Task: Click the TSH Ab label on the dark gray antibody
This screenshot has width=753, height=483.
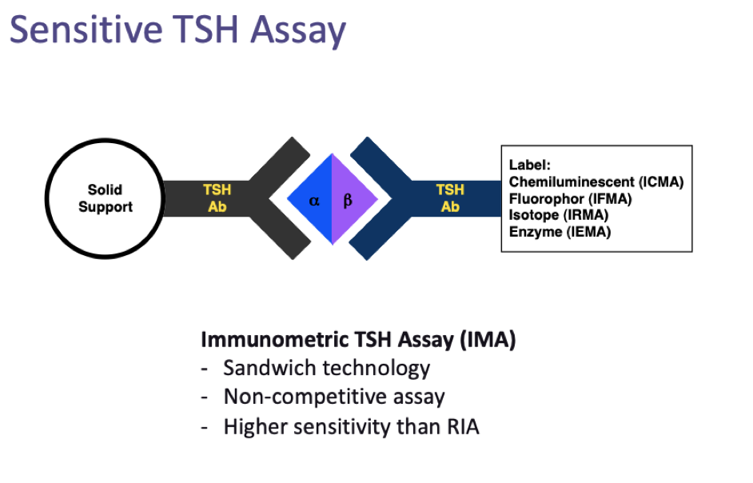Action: tap(217, 198)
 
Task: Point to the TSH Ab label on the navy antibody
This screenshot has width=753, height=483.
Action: tap(450, 198)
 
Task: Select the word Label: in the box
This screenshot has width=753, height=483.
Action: tap(530, 165)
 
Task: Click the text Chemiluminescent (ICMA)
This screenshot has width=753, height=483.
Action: tap(596, 182)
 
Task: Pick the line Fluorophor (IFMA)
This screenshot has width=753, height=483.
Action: tap(570, 198)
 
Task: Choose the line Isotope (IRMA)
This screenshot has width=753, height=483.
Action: tap(559, 215)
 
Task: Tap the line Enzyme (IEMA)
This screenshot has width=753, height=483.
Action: tap(560, 232)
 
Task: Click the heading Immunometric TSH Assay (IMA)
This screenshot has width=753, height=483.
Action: tap(358, 339)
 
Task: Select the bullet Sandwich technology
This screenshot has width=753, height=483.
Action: tap(326, 368)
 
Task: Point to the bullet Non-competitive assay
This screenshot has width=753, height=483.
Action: tap(334, 397)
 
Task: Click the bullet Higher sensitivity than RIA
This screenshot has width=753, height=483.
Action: tap(351, 426)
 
